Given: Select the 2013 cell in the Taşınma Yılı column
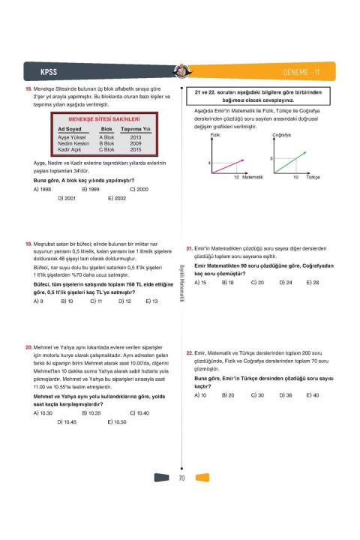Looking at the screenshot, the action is pyautogui.click(x=136, y=137).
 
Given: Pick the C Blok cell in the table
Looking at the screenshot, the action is pyautogui.click(x=106, y=149).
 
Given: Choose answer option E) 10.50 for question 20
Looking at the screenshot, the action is pyautogui.click(x=118, y=421).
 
